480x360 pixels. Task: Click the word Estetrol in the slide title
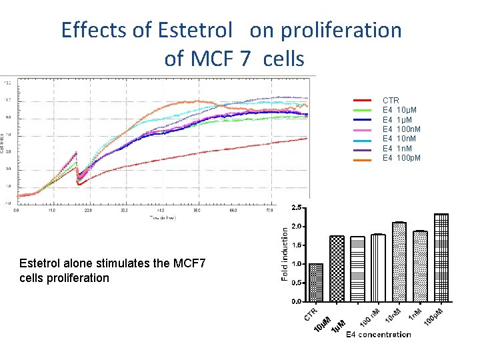click(x=195, y=30)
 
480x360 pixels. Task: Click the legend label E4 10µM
click(x=401, y=110)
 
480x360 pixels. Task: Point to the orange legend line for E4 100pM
click(x=361, y=159)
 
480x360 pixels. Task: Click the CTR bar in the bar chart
click(x=315, y=283)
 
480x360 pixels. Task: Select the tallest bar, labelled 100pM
click(x=441, y=257)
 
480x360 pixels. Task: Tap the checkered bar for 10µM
click(x=337, y=268)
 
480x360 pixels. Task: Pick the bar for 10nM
click(x=399, y=261)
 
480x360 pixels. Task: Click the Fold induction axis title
click(x=285, y=253)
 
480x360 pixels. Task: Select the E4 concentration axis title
click(x=378, y=334)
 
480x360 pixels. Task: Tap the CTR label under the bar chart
click(x=311, y=313)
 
